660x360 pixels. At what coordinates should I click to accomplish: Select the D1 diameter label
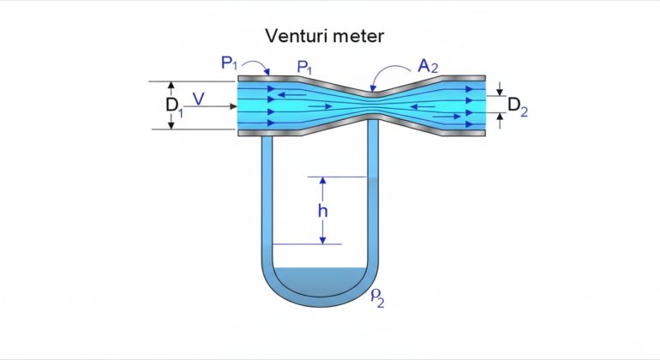[174, 105]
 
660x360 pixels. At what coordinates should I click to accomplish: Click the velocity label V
[199, 99]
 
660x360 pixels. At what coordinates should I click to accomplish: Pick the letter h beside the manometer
[322, 211]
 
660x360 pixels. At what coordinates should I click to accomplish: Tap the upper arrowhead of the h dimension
[322, 181]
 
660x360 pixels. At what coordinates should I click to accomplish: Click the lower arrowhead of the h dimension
[322, 240]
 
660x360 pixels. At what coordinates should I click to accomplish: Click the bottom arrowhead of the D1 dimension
[171, 125]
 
